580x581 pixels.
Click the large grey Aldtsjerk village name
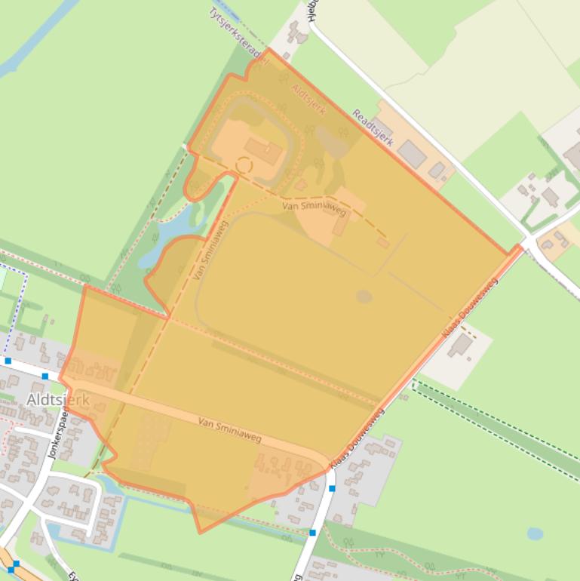point(58,399)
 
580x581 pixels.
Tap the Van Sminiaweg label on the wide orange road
point(229,429)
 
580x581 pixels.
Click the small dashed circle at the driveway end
point(244,164)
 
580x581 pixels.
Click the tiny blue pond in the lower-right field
point(535,533)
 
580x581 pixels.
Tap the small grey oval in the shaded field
point(364,296)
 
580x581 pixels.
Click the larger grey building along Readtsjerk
point(412,153)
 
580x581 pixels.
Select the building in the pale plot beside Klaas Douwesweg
point(459,346)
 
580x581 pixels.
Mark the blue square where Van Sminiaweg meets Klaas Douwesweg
point(332,487)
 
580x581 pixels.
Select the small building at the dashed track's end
point(383,242)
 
